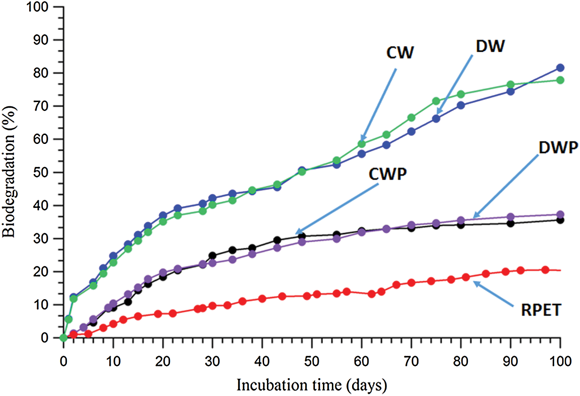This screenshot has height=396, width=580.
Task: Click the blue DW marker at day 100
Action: click(x=560, y=68)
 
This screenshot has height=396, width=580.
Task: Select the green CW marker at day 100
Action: click(x=560, y=80)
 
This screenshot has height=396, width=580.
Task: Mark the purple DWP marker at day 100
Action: click(x=560, y=214)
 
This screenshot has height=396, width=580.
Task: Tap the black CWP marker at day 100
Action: click(x=560, y=220)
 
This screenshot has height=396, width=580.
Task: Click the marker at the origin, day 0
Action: click(x=64, y=337)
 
